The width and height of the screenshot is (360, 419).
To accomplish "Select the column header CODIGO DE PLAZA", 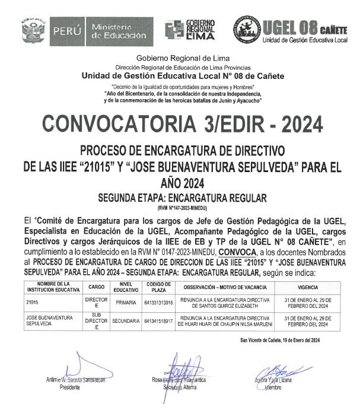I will [154, 287].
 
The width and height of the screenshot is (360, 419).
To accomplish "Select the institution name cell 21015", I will [31, 303].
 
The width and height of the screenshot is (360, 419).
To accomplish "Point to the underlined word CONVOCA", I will [237, 252].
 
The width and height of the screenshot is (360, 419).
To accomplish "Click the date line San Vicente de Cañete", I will [280, 340].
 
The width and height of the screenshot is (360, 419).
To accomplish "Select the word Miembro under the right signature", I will [273, 386].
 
